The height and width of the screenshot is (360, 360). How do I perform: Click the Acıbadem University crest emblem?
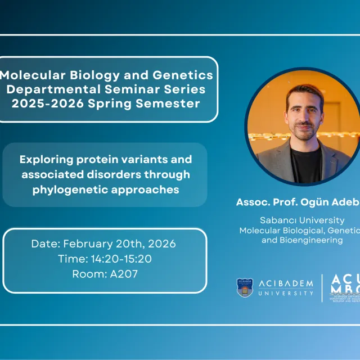pyautogui.click(x=245, y=287)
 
